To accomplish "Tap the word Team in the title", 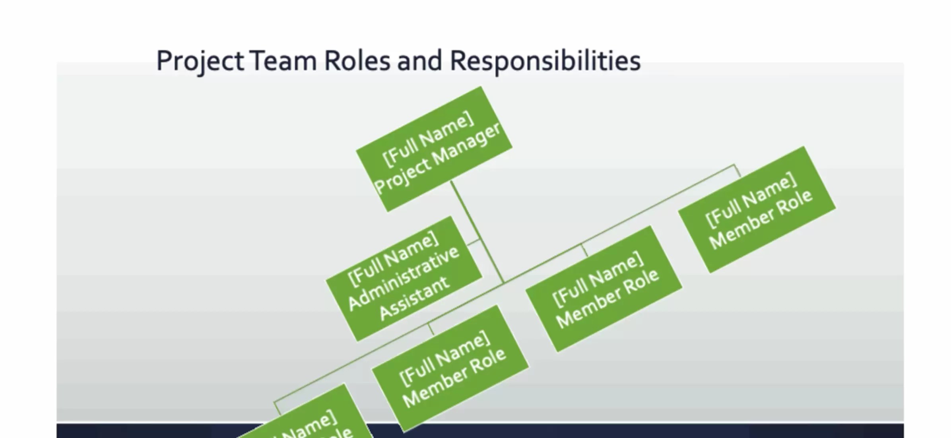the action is point(283,62).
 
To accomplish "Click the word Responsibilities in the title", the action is point(545,62).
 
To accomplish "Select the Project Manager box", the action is point(434,149).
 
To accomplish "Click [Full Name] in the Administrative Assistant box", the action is point(393,259).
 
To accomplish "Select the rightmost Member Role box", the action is point(757,209).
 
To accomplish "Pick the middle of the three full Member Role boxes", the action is point(604,289).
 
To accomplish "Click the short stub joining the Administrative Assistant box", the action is point(473,242).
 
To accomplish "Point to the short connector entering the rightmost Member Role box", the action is point(737,170).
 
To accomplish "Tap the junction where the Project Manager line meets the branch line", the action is point(503,283).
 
